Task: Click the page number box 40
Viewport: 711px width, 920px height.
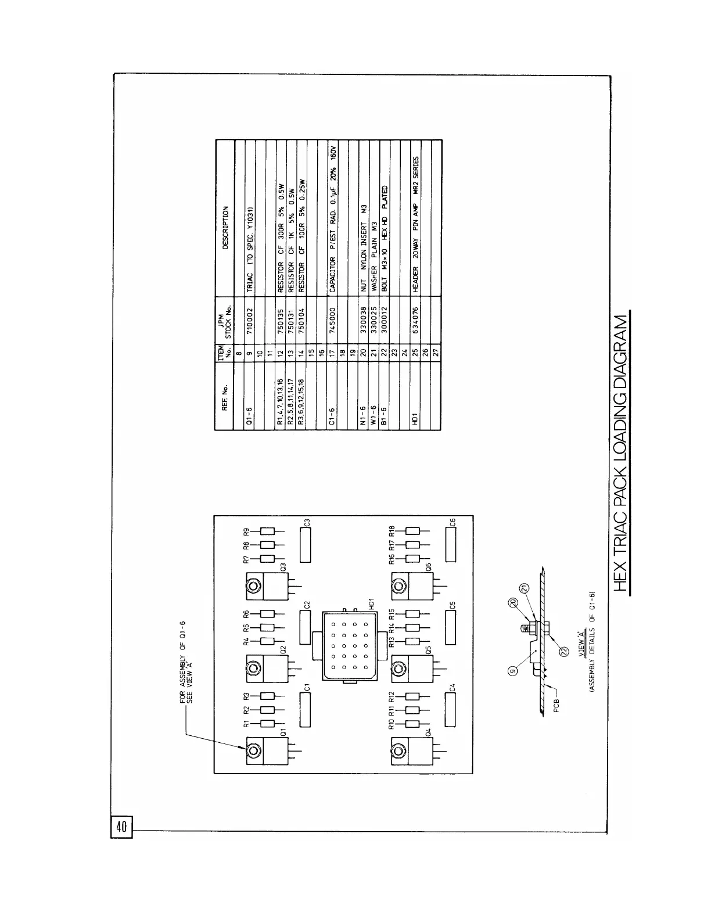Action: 122,827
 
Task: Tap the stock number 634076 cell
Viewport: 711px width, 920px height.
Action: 416,319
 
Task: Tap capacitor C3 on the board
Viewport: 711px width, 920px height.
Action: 306,544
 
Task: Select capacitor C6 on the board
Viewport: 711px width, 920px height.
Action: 451,544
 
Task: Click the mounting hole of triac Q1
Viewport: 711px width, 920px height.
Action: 253,750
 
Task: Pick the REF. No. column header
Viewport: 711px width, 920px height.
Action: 225,400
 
